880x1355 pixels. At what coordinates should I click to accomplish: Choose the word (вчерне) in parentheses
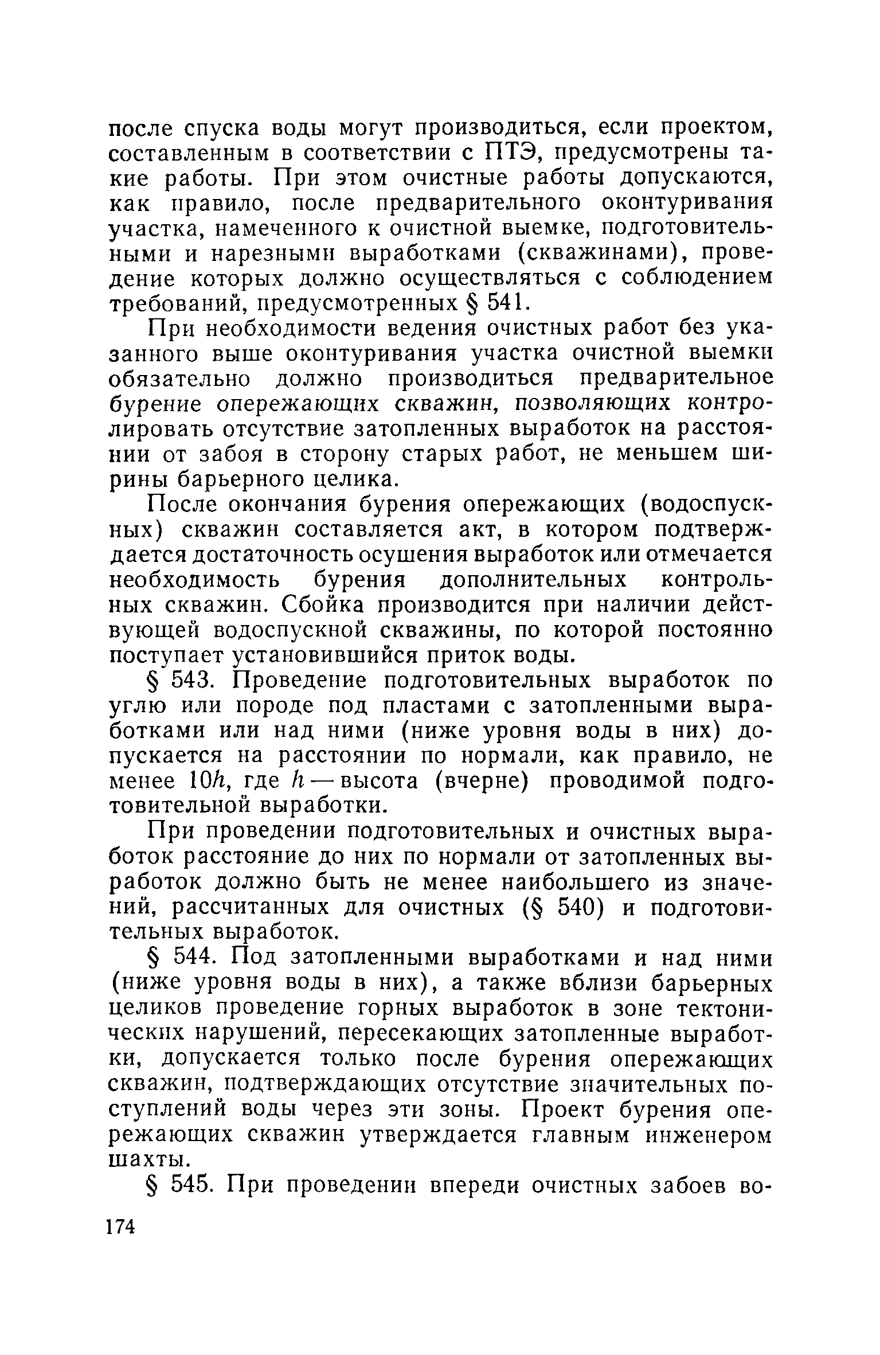click(480, 781)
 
